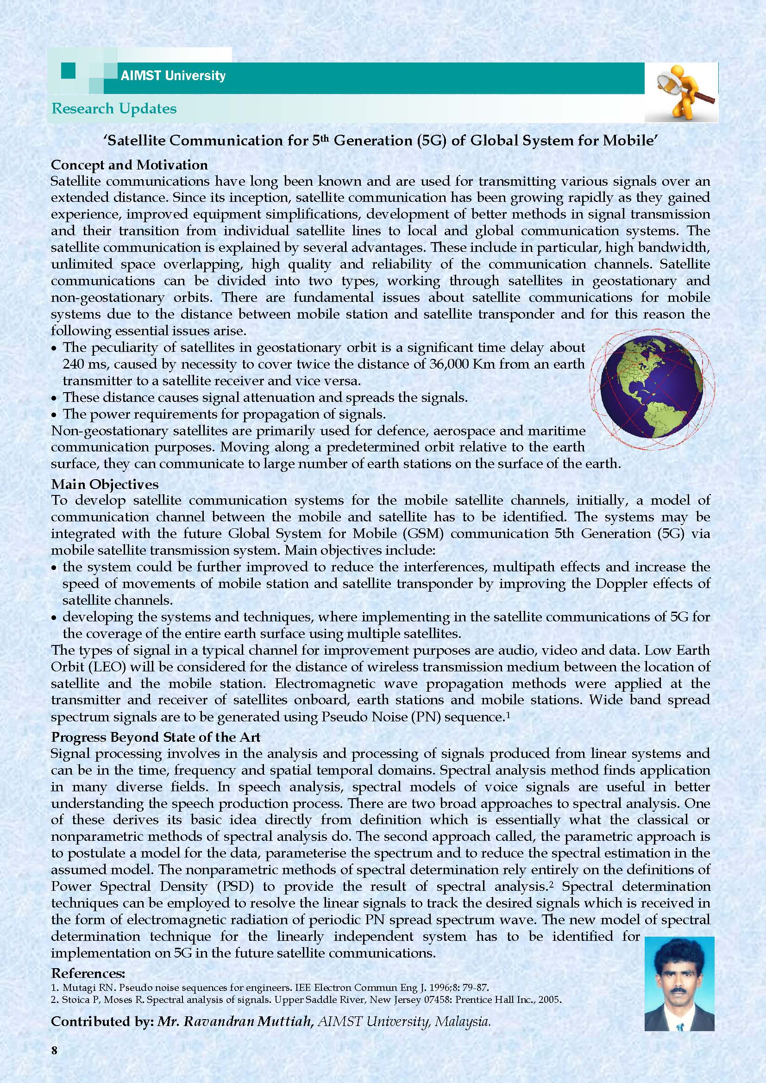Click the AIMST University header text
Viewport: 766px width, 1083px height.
(x=173, y=75)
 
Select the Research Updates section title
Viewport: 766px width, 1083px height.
(x=114, y=108)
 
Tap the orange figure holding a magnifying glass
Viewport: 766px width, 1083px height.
(x=684, y=93)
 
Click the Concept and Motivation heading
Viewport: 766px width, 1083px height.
(x=129, y=165)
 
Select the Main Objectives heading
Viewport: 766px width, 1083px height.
(x=105, y=484)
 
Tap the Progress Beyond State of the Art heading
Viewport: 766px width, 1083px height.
(x=156, y=737)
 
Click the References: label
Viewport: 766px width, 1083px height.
(x=88, y=973)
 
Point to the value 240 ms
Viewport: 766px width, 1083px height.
(x=85, y=364)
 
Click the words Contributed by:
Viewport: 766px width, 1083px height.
(x=102, y=1021)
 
